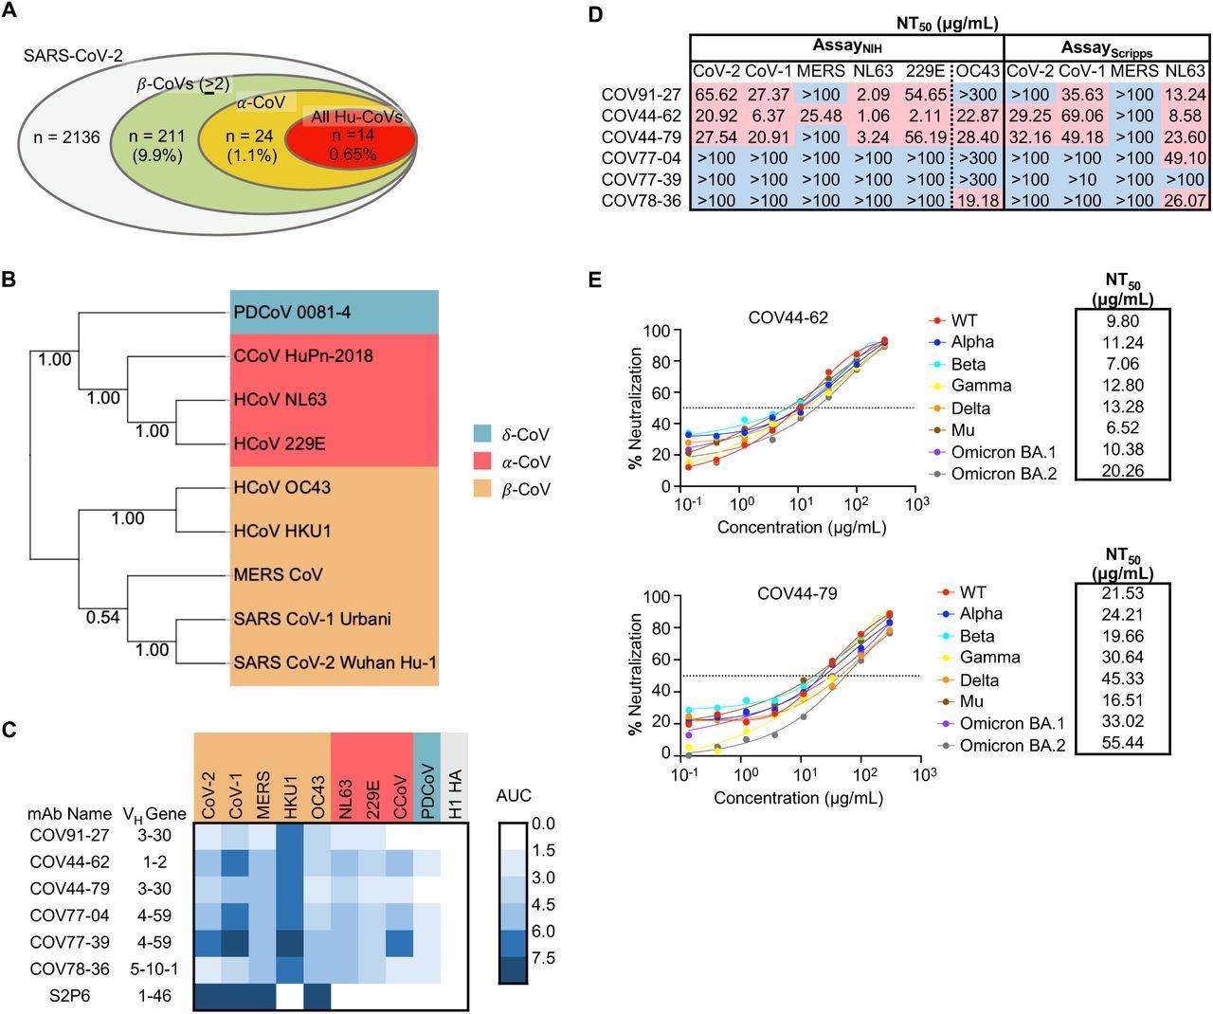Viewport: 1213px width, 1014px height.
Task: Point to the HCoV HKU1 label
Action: point(282,531)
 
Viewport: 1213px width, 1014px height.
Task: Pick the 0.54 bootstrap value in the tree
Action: point(103,617)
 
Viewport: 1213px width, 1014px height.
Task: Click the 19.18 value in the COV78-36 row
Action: point(978,201)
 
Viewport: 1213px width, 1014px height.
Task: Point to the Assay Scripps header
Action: point(1104,48)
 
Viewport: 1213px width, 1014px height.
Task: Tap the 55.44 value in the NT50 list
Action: point(1123,745)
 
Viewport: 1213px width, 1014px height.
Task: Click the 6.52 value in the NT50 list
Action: point(1123,429)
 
